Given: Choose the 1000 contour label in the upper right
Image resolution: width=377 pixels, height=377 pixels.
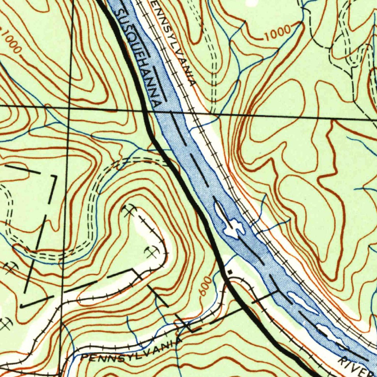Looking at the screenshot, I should click(277, 34).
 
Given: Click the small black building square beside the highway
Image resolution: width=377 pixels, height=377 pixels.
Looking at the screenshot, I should click(230, 272).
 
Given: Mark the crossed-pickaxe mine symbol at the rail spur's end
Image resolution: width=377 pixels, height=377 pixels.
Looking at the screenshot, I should click(128, 211).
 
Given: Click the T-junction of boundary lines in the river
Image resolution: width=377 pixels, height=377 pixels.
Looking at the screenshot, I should click(278, 292).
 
